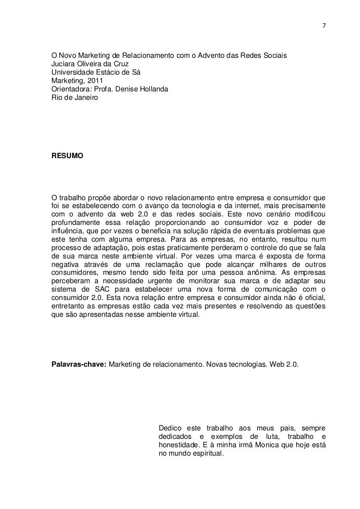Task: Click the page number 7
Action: coord(323,25)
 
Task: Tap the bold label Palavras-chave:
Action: coord(78,365)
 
